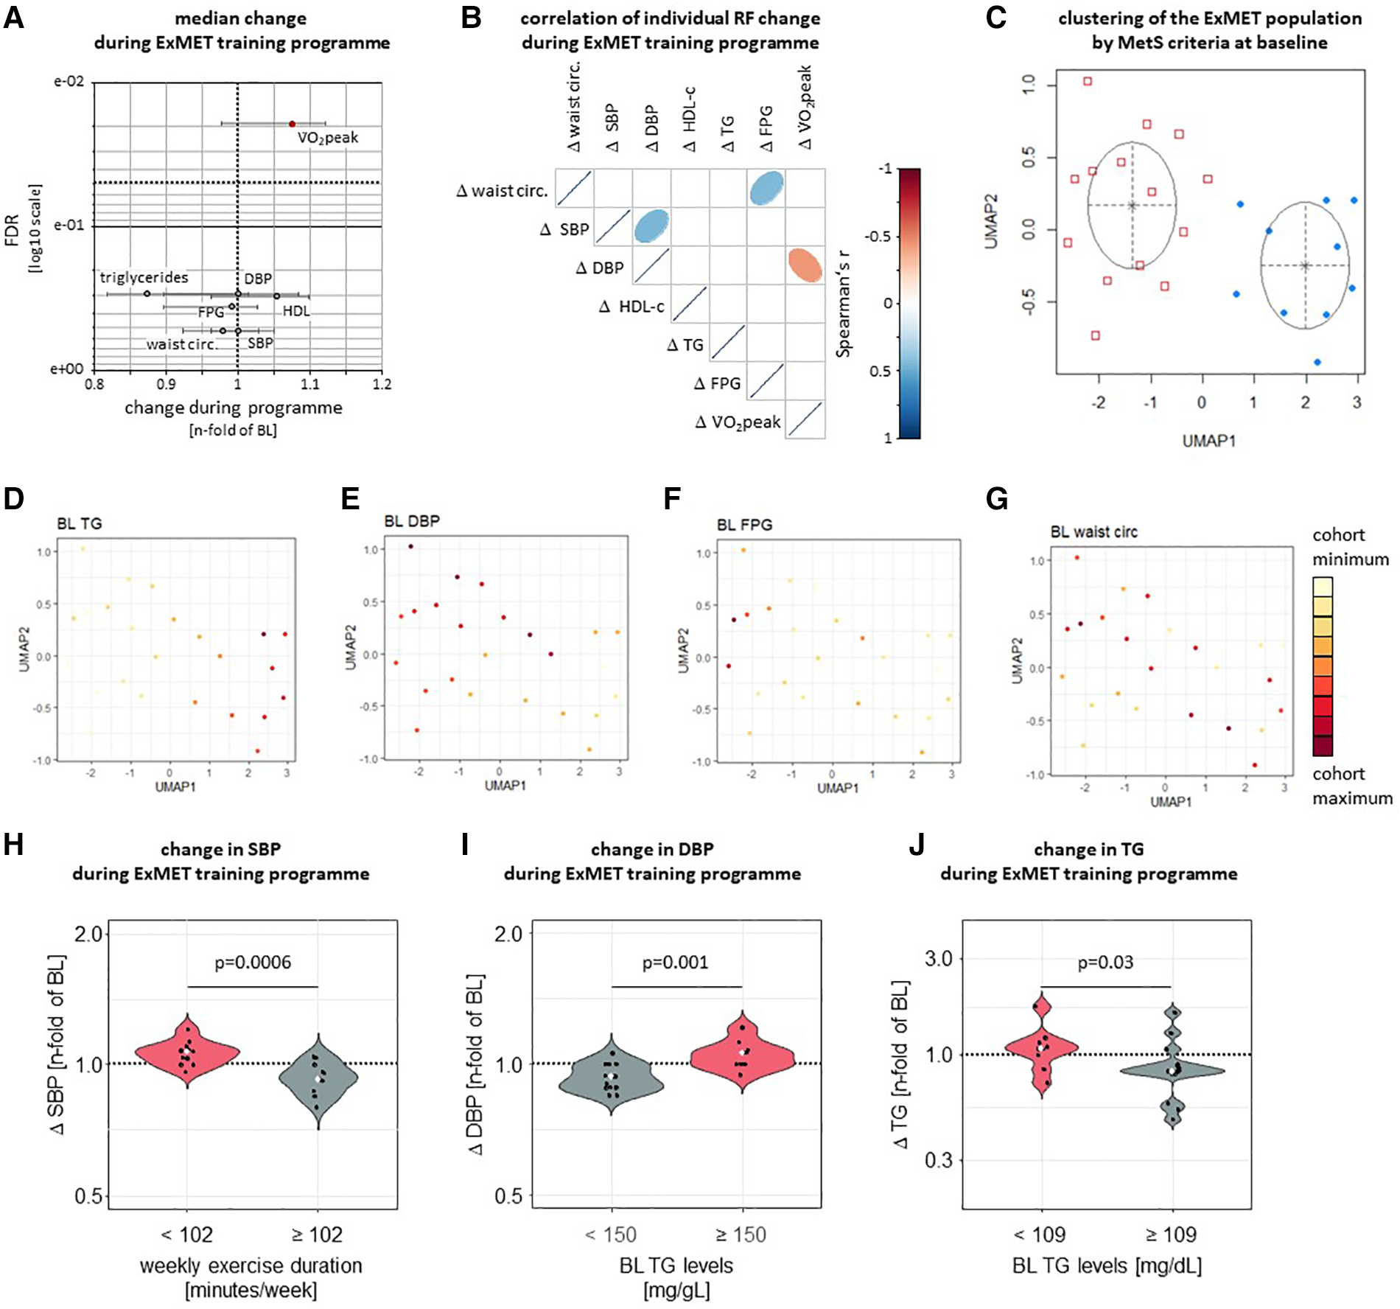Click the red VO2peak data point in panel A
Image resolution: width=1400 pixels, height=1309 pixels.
tap(292, 124)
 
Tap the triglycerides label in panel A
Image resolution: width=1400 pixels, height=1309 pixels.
tap(144, 278)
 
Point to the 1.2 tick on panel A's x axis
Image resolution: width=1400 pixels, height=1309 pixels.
tap(382, 384)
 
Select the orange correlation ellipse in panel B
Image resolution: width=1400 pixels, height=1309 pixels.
tap(805, 265)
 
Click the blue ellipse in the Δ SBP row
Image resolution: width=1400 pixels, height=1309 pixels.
tap(651, 226)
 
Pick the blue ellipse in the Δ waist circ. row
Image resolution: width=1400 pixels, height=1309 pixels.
tap(766, 187)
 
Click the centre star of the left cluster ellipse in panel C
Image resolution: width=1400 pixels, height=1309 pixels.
tap(1132, 206)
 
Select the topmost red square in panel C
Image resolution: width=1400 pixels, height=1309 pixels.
tap(1088, 81)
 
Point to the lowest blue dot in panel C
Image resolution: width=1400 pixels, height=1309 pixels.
tap(1317, 362)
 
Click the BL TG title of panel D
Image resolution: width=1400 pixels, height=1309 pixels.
tap(80, 524)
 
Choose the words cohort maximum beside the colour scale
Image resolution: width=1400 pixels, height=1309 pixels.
tap(1351, 786)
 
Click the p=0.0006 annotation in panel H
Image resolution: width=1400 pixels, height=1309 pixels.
tap(253, 963)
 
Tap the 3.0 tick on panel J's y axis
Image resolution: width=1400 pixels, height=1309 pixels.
tap(938, 959)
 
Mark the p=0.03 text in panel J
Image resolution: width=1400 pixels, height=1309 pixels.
tap(1105, 963)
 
